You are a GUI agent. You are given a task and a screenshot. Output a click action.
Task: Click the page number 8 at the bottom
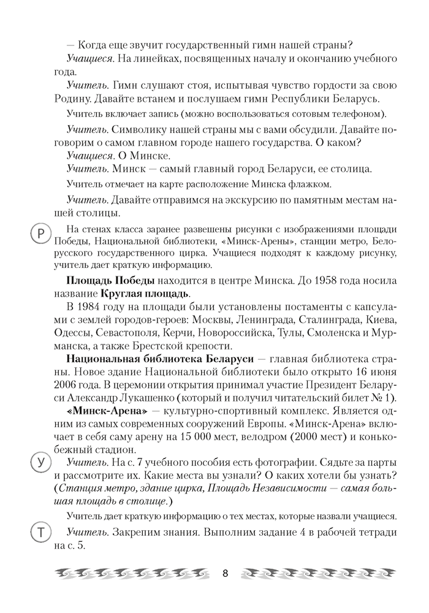pyautogui.click(x=225, y=574)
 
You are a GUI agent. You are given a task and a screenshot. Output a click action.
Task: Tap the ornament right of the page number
pyautogui.click(x=316, y=574)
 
